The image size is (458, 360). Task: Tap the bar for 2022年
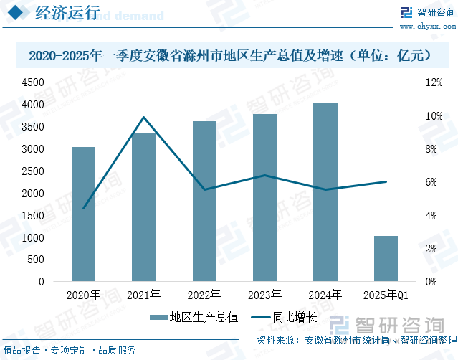point(204,201)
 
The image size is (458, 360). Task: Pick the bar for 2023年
point(264,197)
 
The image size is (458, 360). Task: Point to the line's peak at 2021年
point(143,117)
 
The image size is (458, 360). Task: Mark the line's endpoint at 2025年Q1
point(386,182)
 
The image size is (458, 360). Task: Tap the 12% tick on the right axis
point(434,82)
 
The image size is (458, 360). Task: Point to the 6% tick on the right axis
point(431,182)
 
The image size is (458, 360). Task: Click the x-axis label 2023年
point(264,295)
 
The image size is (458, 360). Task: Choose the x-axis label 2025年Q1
point(386,295)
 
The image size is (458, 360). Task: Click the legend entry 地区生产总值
point(194,317)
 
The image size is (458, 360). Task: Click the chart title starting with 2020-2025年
point(229,55)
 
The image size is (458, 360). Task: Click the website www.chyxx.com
point(428,27)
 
